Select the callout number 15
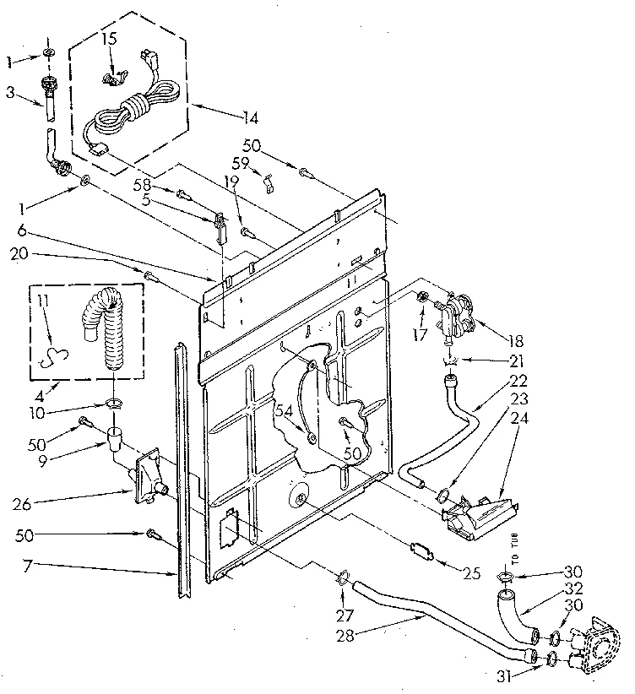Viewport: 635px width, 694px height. [x=111, y=39]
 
